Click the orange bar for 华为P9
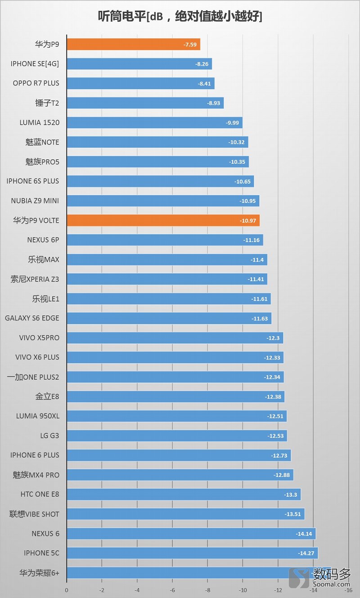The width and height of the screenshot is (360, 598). pyautogui.click(x=133, y=45)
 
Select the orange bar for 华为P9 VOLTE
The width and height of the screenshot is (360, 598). pyautogui.click(x=163, y=220)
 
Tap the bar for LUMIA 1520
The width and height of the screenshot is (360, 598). pyautogui.click(x=154, y=123)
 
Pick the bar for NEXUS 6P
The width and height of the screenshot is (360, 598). pyautogui.click(x=165, y=240)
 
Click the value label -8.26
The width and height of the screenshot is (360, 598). pyautogui.click(x=202, y=64)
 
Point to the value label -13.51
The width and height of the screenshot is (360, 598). pyautogui.click(x=292, y=514)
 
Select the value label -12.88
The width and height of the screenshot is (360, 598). pyautogui.click(x=282, y=475)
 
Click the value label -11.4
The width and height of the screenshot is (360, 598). pyautogui.click(x=257, y=260)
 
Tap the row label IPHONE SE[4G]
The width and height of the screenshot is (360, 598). pyautogui.click(x=35, y=64)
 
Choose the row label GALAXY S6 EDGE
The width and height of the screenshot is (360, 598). pyautogui.click(x=32, y=318)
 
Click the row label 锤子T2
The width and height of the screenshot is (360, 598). pyautogui.click(x=47, y=103)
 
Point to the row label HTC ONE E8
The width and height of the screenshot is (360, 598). pyautogui.click(x=40, y=494)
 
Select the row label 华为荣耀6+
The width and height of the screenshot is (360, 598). pyautogui.click(x=39, y=573)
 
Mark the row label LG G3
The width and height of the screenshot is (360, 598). pyautogui.click(x=49, y=436)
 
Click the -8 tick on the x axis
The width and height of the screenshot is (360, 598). pyautogui.click(x=207, y=590)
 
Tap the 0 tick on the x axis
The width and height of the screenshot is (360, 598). pyautogui.click(x=67, y=590)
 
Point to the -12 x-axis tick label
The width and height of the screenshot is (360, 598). pyautogui.click(x=278, y=590)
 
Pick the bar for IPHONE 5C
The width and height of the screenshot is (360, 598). pyautogui.click(x=192, y=553)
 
